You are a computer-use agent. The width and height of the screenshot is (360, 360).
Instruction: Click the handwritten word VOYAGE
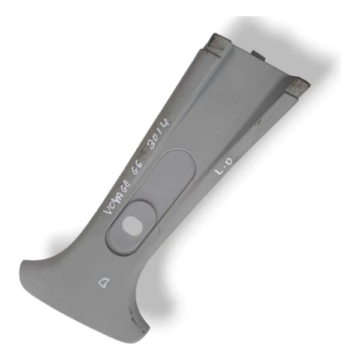coord(116,197)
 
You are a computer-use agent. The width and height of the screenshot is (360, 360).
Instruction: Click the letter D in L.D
coord(229,161)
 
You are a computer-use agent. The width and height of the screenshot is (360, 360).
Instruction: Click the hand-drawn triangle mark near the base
coord(104,282)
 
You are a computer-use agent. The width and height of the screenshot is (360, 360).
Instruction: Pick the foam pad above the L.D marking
coord(298,88)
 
